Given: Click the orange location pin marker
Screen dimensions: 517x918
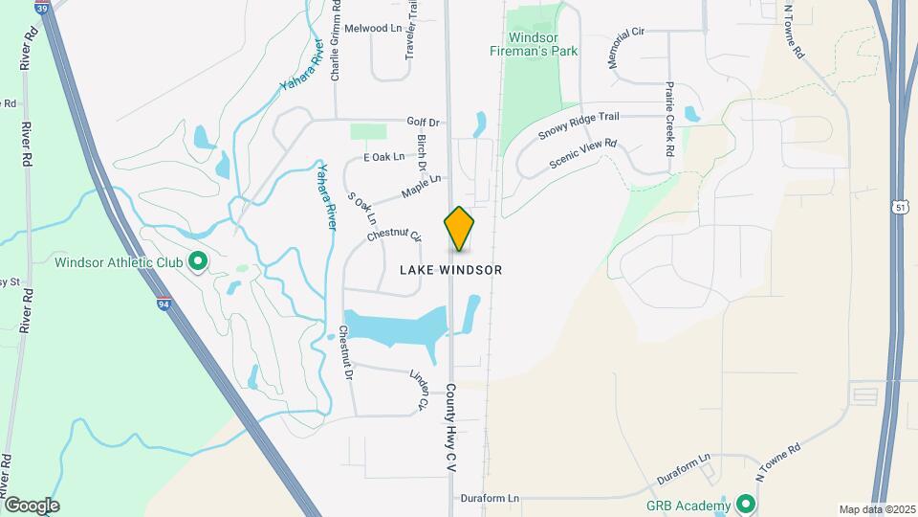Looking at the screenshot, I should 459,228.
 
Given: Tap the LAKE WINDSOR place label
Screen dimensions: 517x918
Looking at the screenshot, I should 450,270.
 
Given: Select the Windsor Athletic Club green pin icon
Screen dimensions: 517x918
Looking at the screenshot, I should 198,261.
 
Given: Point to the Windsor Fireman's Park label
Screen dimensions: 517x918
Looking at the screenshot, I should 533,44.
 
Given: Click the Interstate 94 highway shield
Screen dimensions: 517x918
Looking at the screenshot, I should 164,304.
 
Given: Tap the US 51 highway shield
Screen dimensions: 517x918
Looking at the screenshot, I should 901,206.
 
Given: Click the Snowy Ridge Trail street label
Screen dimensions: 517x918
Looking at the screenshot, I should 579,126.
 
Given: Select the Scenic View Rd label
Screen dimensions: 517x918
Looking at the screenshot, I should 583,156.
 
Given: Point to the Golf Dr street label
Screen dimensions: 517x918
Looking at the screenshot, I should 422,122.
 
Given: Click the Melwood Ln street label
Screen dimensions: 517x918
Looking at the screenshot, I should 373,29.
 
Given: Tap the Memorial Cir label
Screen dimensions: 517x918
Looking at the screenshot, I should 626,47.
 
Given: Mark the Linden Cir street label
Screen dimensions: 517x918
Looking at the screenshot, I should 417,390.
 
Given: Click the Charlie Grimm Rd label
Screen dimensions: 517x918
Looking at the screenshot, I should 336,44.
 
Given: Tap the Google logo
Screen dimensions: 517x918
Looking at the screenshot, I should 32,506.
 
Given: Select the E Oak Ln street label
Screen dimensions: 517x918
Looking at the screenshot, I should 384,156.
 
